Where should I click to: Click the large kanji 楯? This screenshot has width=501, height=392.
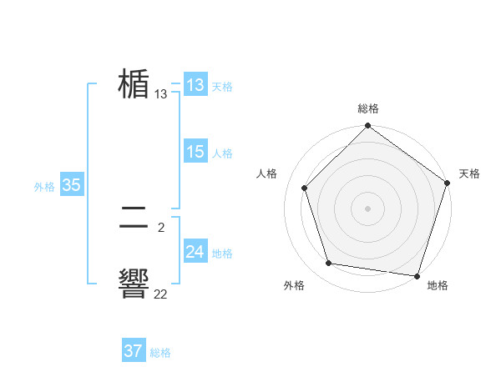click(x=134, y=84)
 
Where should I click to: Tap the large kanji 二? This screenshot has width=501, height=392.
click(x=134, y=219)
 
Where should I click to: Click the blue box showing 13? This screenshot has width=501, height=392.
click(x=195, y=85)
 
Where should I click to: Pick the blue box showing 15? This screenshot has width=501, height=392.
click(x=195, y=152)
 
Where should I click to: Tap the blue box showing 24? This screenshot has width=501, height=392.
click(x=195, y=252)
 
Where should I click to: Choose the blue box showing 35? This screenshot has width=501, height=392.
click(x=71, y=185)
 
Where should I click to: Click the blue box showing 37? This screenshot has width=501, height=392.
click(x=134, y=351)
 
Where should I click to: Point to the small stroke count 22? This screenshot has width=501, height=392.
click(x=160, y=294)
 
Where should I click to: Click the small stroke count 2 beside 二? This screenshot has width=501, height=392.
click(x=160, y=226)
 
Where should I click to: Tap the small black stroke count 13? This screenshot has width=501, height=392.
click(x=160, y=94)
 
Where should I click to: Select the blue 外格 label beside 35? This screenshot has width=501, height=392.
click(x=44, y=187)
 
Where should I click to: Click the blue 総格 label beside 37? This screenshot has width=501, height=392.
click(x=160, y=353)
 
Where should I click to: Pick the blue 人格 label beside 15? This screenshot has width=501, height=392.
click(x=222, y=153)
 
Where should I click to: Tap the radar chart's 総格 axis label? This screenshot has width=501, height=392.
click(x=368, y=108)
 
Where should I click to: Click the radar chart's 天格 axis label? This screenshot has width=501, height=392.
click(x=469, y=173)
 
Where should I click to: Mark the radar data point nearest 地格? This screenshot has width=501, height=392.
click(x=417, y=275)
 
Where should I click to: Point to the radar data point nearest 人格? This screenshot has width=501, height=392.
click(x=305, y=188)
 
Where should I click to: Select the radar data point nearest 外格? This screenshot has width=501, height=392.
click(x=329, y=264)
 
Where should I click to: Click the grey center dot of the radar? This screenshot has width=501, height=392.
click(x=368, y=208)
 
